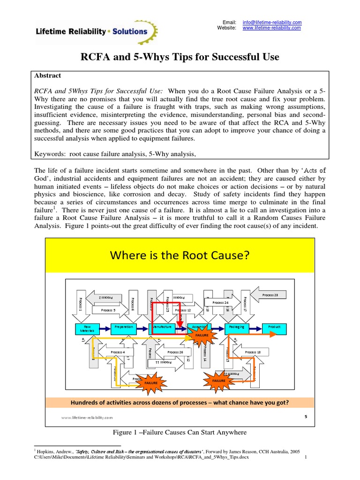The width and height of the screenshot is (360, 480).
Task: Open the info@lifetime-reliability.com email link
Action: tap(271, 22)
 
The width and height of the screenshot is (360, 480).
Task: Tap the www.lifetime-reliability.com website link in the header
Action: tap(271, 28)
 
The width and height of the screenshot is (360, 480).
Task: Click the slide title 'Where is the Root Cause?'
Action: tap(180, 256)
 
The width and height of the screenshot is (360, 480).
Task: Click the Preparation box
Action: tap(124, 326)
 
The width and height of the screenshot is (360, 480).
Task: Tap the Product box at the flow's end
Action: tap(274, 326)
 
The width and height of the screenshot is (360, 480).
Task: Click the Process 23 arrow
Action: tap(270, 295)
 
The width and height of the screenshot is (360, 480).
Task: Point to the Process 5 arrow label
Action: tap(107, 310)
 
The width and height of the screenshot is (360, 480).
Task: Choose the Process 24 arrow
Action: tap(220, 302)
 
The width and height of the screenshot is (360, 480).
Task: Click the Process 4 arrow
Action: tap(117, 352)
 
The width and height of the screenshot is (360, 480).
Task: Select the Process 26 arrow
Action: tap(175, 352)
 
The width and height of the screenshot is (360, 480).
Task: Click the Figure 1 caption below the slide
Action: tap(180, 432)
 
